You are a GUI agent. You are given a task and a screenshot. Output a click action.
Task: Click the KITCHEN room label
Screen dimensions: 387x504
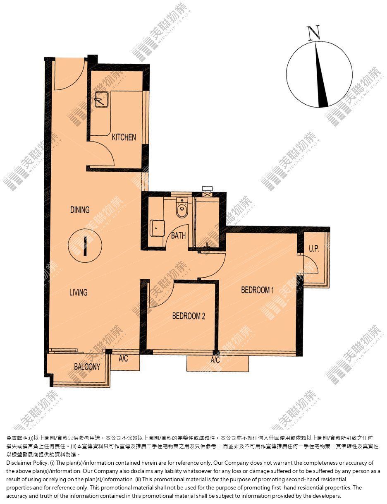pyautogui.click(x=124, y=137)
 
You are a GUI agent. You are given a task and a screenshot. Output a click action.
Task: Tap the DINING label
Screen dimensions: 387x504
pyautogui.click(x=80, y=210)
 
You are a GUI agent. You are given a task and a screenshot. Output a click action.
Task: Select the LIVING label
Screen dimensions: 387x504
pyautogui.click(x=79, y=292)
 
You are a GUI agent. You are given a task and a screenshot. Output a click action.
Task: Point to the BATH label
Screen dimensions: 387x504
pyautogui.click(x=179, y=235)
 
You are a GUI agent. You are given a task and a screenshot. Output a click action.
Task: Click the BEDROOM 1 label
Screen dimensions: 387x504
pyautogui.click(x=258, y=290)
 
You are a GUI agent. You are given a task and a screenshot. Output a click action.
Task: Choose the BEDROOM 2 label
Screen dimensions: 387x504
pyautogui.click(x=189, y=316)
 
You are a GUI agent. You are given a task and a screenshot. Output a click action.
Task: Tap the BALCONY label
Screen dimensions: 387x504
pyautogui.click(x=87, y=367)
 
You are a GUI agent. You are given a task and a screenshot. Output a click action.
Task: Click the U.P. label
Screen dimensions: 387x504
pyautogui.click(x=314, y=249)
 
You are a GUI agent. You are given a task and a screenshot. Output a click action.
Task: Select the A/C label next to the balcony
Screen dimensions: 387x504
pyautogui.click(x=123, y=358)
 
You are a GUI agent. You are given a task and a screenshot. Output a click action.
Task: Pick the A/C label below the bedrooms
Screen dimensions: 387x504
pyautogui.click(x=215, y=360)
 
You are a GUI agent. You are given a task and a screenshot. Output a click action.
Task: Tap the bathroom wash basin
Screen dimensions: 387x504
pyautogui.click(x=158, y=228)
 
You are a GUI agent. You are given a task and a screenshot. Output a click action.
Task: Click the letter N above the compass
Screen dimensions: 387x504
pyautogui.click(x=313, y=33)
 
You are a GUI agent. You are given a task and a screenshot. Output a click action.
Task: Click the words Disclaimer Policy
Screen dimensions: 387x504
pyautogui.click(x=27, y=463)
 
